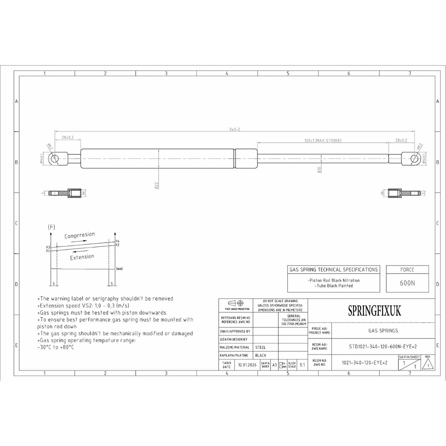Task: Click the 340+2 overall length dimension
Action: [x=235, y=129]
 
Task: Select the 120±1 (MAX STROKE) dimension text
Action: [x=323, y=140]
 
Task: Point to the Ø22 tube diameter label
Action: [x=156, y=185]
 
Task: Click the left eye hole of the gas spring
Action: [x=54, y=159]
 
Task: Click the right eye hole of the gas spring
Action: [x=415, y=159]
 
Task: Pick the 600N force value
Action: [x=407, y=283]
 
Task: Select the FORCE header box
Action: [x=407, y=269]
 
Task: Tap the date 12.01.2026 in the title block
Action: [x=247, y=365]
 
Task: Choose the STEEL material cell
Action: [x=260, y=347]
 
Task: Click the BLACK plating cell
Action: [x=261, y=355]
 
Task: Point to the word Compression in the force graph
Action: [x=80, y=235]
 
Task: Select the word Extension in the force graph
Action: [x=82, y=257]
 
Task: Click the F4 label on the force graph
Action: [x=117, y=241]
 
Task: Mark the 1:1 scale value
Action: [x=302, y=365]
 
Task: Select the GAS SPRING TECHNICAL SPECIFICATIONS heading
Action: [x=333, y=269]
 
